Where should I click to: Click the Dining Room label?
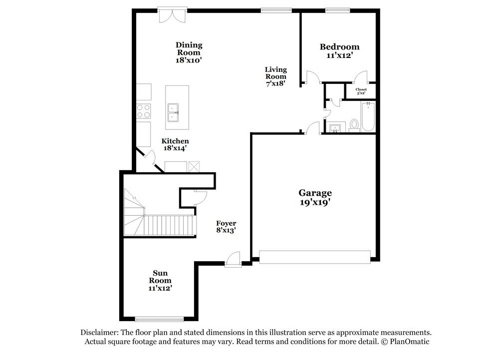[x=189, y=49]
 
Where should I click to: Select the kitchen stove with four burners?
[x=144, y=110]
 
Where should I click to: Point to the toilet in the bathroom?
[x=354, y=124]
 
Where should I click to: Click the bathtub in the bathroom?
[x=368, y=117]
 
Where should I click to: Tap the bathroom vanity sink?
[x=334, y=128]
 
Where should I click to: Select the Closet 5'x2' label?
[x=361, y=91]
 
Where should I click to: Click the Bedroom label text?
[x=339, y=47]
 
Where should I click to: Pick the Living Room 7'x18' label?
[x=275, y=76]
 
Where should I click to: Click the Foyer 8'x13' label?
[x=226, y=227]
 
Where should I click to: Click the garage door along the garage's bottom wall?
[x=315, y=257]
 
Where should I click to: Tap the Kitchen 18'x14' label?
[x=175, y=144]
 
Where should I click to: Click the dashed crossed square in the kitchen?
[x=194, y=166]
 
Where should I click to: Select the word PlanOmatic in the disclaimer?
[x=409, y=342]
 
